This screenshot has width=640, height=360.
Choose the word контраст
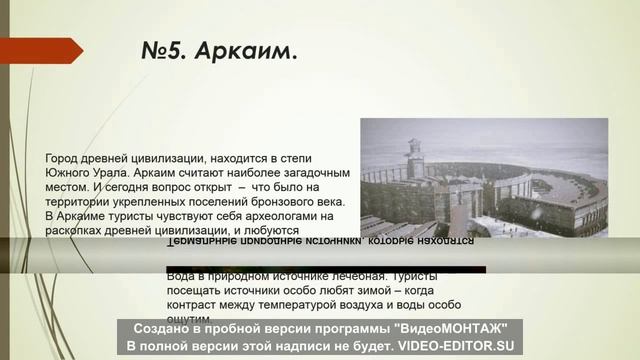pos(195,302)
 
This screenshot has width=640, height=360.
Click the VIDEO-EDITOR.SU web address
pos(457,345)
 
